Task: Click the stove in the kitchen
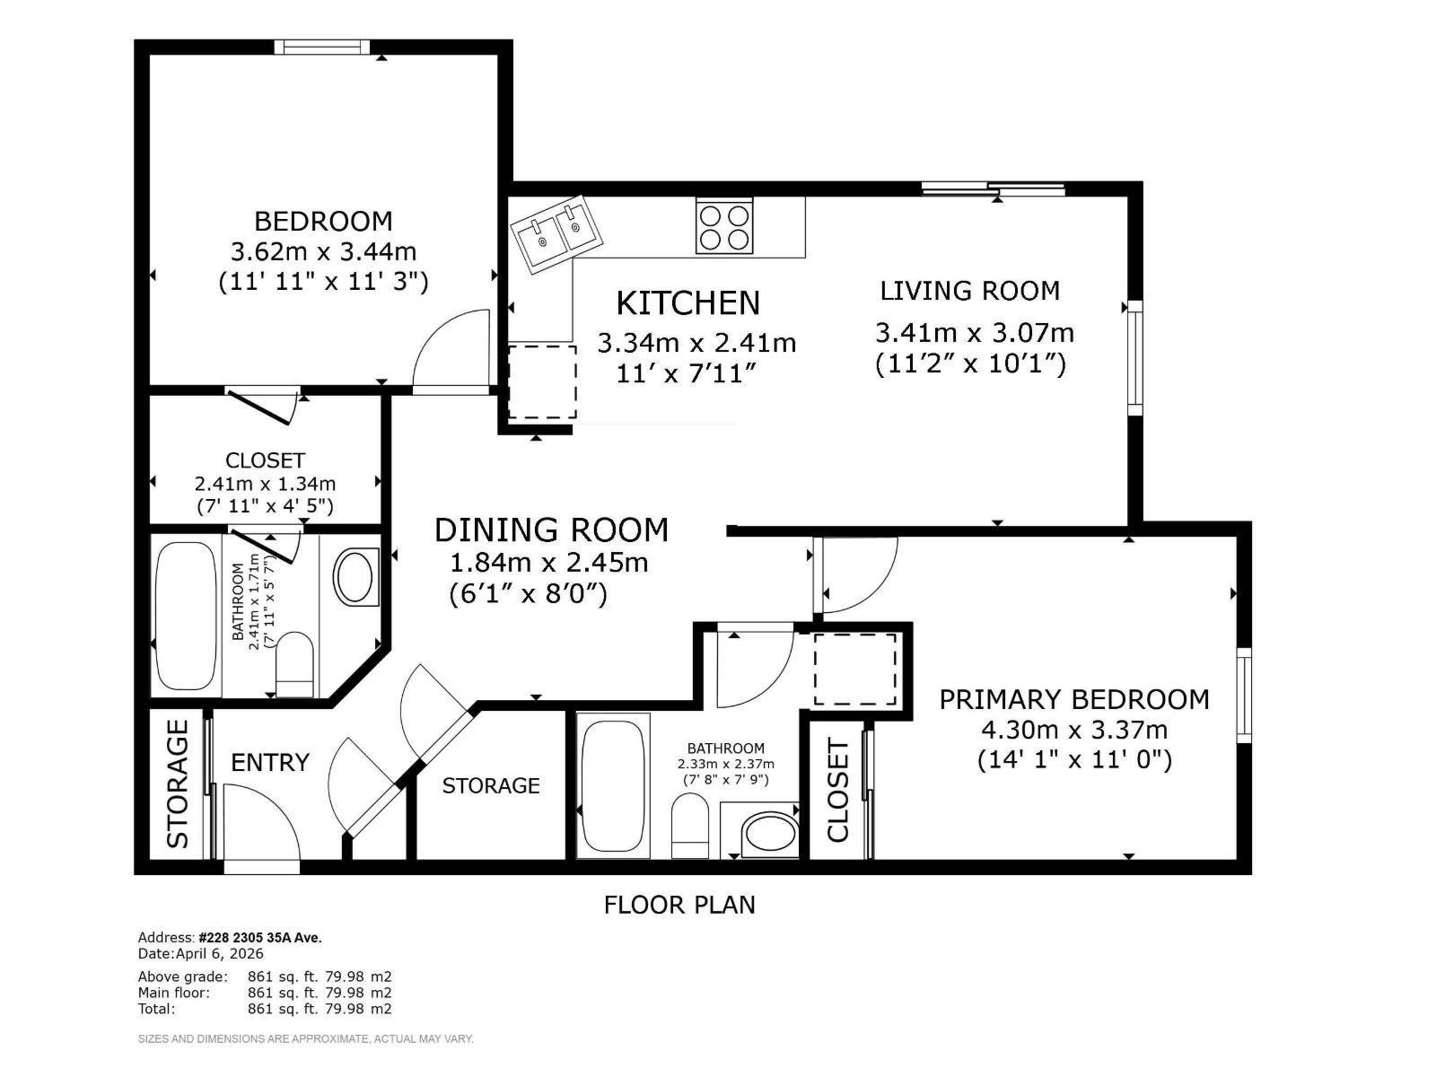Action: (x=724, y=226)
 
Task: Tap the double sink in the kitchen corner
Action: (x=557, y=234)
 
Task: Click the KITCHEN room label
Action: (x=687, y=303)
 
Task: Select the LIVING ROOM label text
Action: (x=969, y=291)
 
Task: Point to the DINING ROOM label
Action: (x=551, y=530)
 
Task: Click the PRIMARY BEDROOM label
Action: (x=1073, y=699)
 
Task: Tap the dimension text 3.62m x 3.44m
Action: (x=323, y=251)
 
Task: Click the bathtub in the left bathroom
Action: (x=186, y=615)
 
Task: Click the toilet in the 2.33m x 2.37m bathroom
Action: (x=690, y=825)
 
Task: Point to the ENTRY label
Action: (x=269, y=763)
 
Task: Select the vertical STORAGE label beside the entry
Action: (x=178, y=784)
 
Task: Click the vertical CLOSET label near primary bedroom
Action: (x=836, y=790)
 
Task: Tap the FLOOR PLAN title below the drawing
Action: (x=679, y=905)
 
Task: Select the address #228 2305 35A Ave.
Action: (x=260, y=938)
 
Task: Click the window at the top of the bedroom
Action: (x=321, y=47)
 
